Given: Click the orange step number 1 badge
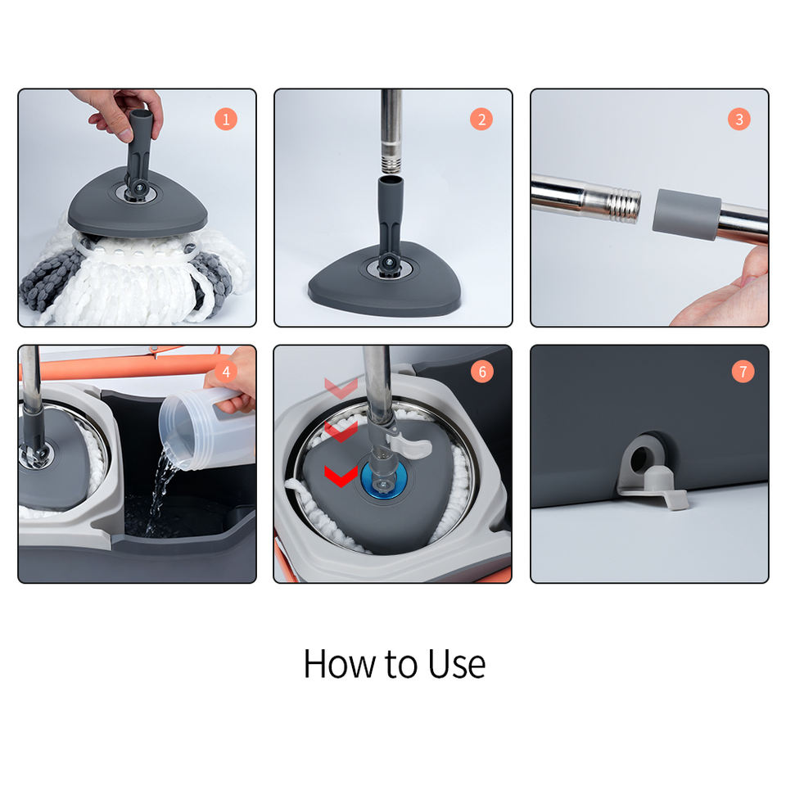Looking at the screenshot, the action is point(226,120).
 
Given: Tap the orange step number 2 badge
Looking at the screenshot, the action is point(481,120).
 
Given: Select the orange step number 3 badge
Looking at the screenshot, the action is point(739,120).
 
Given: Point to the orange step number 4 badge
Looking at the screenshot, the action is point(226,372).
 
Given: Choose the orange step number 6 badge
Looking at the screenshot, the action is point(481,372).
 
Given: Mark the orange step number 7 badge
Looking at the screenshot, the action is point(743,372).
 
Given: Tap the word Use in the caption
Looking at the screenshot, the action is point(457,664).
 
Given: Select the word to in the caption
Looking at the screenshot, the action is point(401,665).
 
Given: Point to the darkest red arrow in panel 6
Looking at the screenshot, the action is point(341,475).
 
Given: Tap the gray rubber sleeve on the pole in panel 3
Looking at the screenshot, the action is point(686,215).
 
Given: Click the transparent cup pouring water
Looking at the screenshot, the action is point(206,429).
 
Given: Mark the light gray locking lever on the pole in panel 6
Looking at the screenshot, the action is point(407,445).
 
